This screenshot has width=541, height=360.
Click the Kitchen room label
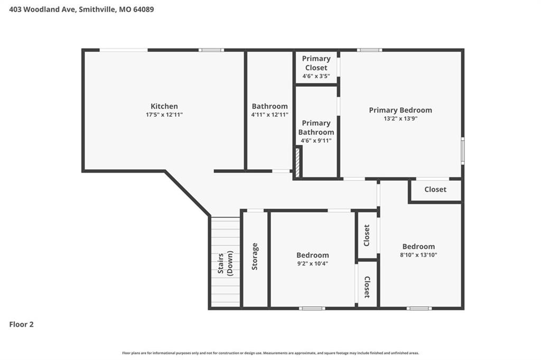click(x=164, y=106)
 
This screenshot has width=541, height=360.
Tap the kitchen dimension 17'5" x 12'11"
click(x=164, y=115)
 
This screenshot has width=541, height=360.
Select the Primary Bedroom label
click(x=400, y=110)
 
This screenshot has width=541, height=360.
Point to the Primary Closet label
click(x=316, y=63)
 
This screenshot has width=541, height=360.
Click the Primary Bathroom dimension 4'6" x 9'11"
click(x=316, y=141)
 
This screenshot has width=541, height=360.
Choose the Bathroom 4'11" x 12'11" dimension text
click(x=269, y=115)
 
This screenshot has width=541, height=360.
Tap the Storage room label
click(x=255, y=256)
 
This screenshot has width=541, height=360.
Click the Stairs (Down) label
click(x=225, y=263)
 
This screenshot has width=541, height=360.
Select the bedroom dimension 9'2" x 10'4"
click(x=313, y=264)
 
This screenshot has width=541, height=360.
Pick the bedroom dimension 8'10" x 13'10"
click(x=418, y=255)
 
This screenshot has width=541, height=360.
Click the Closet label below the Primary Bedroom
click(x=435, y=189)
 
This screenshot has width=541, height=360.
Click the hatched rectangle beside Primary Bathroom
click(x=297, y=162)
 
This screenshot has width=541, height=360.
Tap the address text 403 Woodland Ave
click(x=42, y=10)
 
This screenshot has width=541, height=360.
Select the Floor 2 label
click(x=21, y=325)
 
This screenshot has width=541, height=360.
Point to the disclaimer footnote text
click(x=270, y=353)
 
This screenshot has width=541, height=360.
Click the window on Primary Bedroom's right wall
click(x=463, y=151)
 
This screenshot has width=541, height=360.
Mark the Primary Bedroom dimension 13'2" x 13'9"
click(x=400, y=118)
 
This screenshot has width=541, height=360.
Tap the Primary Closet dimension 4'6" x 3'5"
click(x=316, y=76)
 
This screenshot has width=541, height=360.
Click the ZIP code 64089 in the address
click(x=144, y=10)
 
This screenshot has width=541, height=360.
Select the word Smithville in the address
click(x=96, y=10)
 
